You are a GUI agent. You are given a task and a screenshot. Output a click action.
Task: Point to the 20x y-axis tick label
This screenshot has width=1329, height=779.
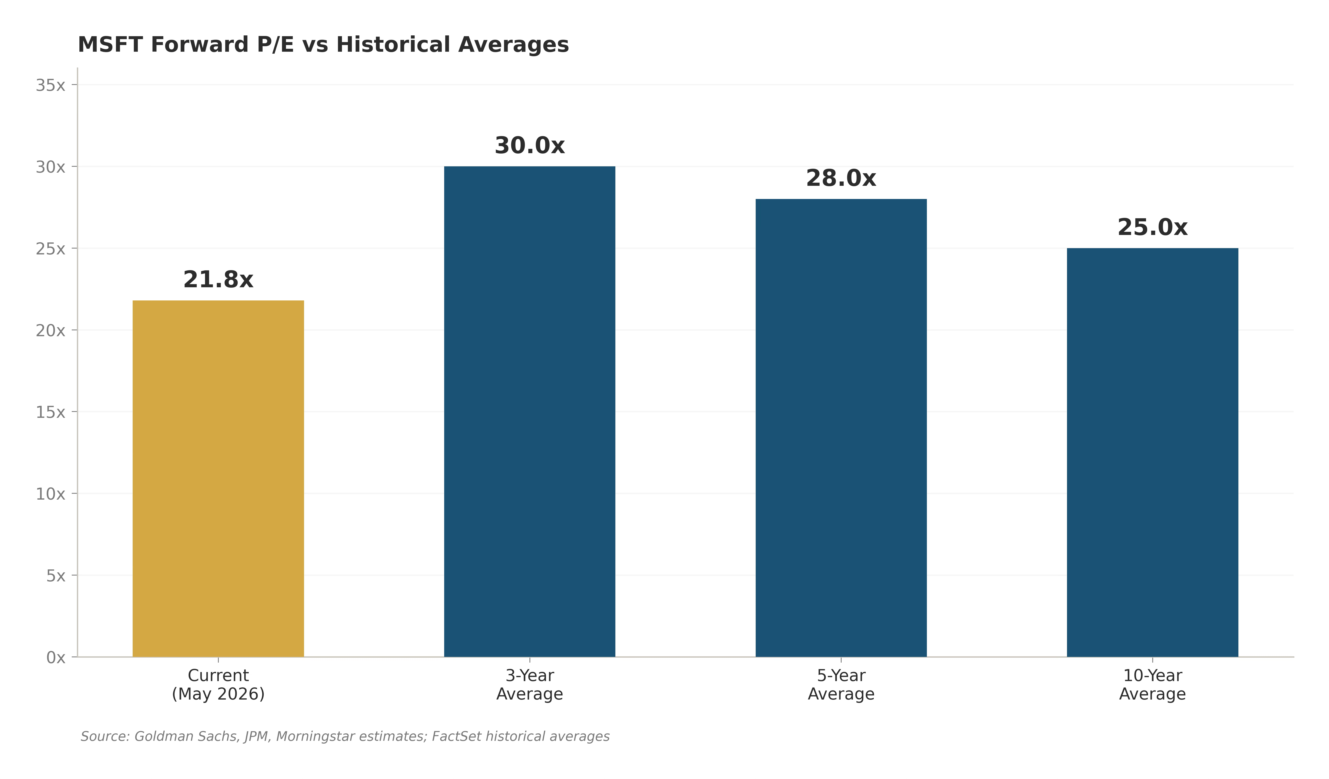51,331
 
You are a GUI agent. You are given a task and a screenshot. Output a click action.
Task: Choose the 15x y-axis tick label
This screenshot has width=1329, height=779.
51,412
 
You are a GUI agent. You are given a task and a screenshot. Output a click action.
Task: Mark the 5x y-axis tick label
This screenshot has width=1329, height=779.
56,576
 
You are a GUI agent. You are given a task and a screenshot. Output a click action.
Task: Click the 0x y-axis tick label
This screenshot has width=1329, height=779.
56,657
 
